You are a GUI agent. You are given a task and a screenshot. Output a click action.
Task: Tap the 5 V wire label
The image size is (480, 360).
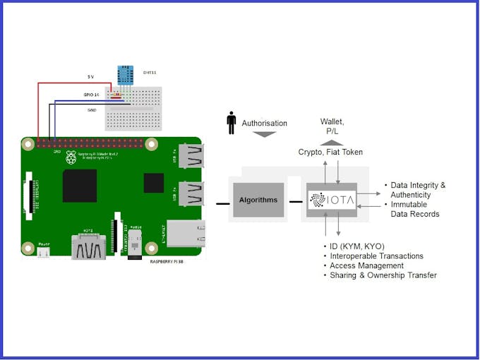[90, 76]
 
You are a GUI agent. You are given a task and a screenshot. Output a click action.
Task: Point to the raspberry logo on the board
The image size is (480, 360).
[71, 157]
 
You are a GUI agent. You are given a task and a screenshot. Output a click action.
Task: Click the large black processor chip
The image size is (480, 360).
[80, 186]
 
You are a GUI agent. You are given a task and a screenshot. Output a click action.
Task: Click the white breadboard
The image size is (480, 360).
[133, 109]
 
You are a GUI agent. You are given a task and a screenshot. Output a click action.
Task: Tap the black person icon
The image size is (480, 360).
[232, 123]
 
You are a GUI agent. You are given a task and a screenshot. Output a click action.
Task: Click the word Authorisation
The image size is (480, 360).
[265, 123]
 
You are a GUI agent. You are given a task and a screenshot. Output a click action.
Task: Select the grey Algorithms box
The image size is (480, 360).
[258, 200]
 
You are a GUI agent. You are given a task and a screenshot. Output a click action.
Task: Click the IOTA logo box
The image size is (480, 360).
[332, 199]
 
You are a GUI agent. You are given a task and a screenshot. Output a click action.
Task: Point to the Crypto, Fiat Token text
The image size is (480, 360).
[330, 152]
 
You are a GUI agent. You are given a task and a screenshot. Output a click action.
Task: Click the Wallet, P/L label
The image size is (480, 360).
[332, 126]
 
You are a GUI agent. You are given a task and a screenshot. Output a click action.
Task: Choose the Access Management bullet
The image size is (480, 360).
[366, 266]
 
